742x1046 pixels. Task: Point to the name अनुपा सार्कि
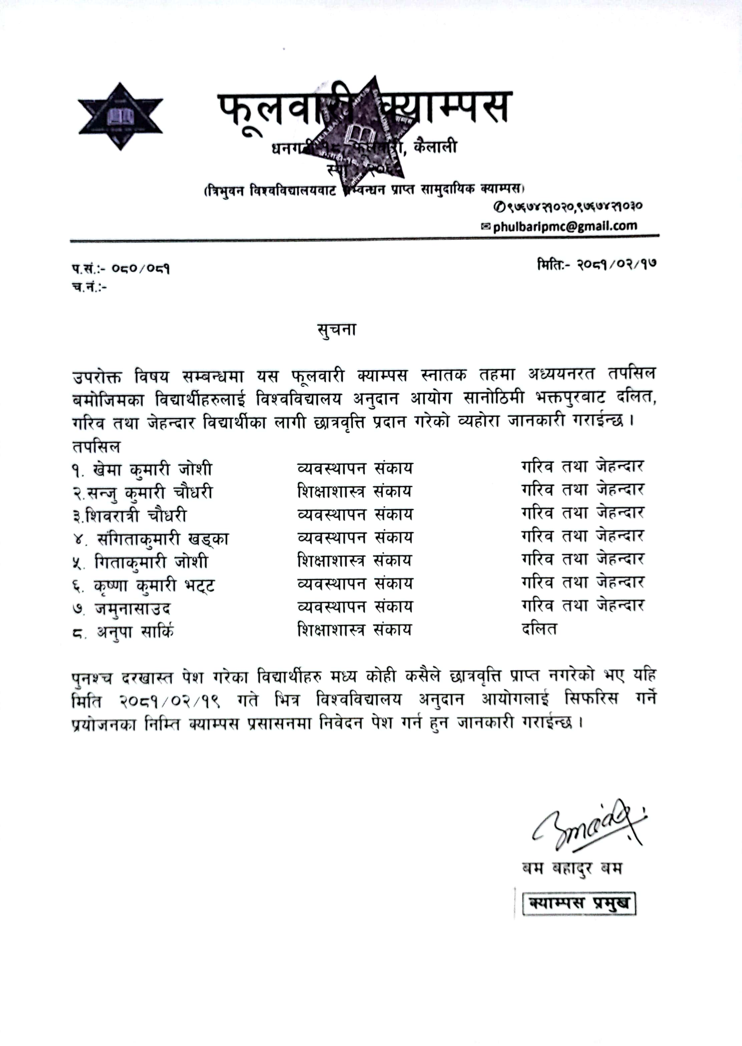tap(135, 632)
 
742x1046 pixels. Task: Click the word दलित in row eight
tap(539, 629)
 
